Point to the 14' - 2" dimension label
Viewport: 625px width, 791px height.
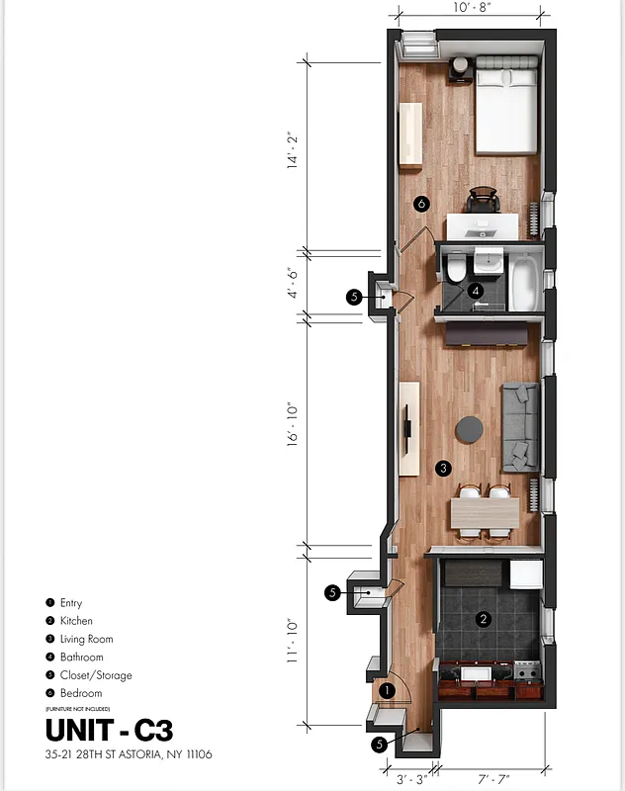pos(293,152)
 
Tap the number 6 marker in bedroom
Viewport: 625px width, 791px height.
pos(421,204)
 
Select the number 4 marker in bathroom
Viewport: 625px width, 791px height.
pos(476,291)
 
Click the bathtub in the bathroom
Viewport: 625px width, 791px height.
pos(523,283)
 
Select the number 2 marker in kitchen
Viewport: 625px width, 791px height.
pos(484,620)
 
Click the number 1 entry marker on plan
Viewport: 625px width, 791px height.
pos(387,689)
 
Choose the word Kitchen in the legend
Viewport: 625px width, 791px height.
pos(76,621)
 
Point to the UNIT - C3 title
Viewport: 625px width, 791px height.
pos(109,730)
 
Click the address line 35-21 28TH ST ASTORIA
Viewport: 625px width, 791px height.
pos(129,754)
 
